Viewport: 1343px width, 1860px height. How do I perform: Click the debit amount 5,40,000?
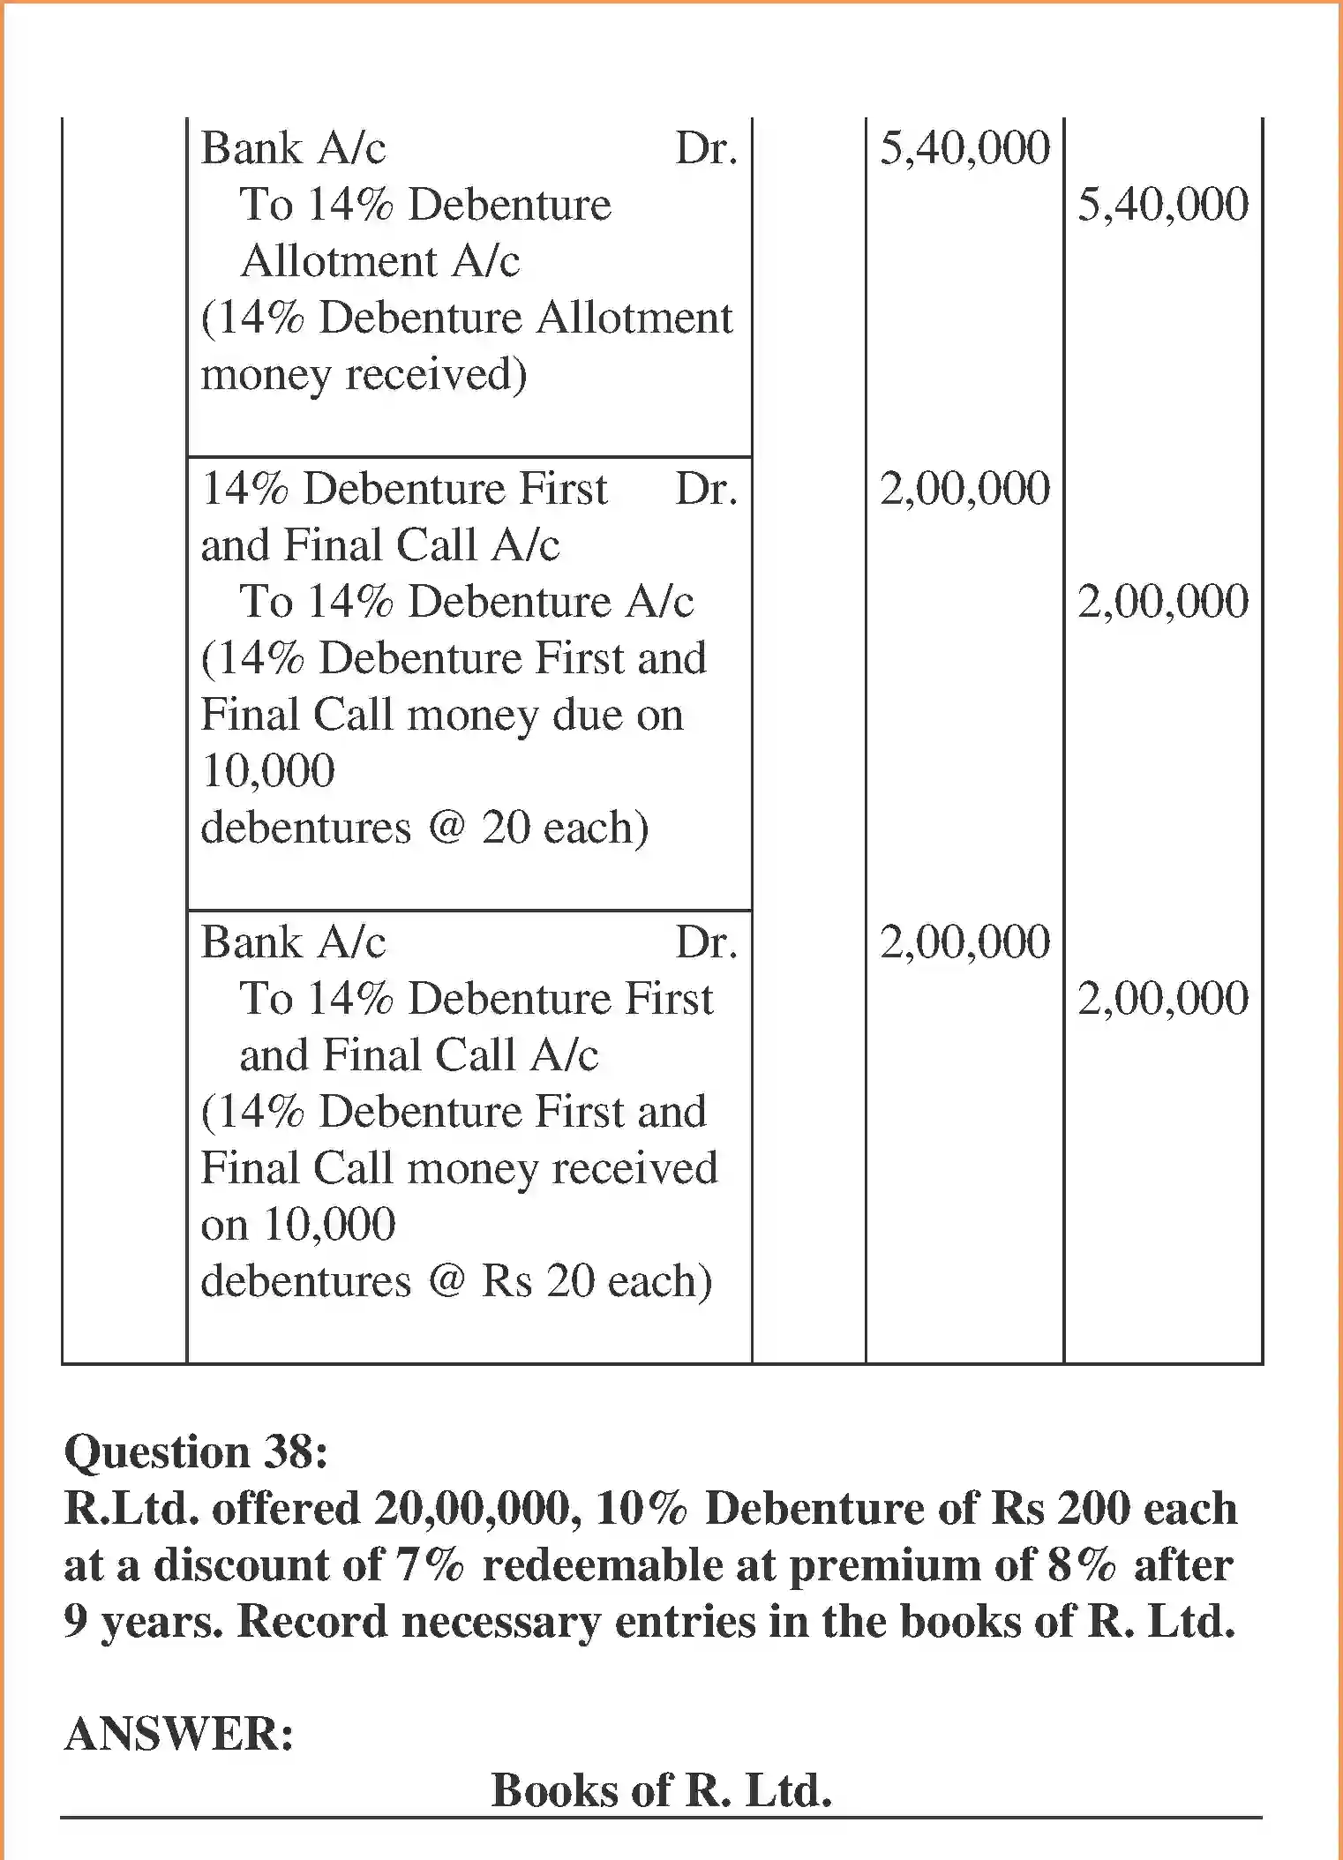pos(964,148)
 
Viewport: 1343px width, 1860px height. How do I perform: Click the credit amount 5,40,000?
pos(1162,205)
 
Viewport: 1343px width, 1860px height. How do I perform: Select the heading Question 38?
pos(196,1451)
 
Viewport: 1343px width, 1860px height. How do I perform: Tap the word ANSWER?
pos(179,1734)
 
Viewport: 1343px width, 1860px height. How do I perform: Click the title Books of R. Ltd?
pos(661,1790)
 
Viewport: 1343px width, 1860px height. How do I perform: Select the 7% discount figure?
pos(430,1565)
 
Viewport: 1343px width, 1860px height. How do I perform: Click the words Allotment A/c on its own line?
pos(379,261)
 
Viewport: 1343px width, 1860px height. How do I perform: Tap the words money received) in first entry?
pos(364,374)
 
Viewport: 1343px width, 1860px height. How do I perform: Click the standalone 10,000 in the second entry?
pos(268,770)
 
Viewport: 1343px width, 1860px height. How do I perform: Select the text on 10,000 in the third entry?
pos(298,1225)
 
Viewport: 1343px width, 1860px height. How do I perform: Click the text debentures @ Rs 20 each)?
pos(456,1281)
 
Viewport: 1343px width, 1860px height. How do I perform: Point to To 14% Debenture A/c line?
pos(466,602)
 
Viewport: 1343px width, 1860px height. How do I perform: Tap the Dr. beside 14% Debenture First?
pos(706,489)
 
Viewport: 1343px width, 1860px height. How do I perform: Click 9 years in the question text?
pos(141,1622)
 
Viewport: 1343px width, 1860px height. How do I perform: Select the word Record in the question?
pos(312,1622)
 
